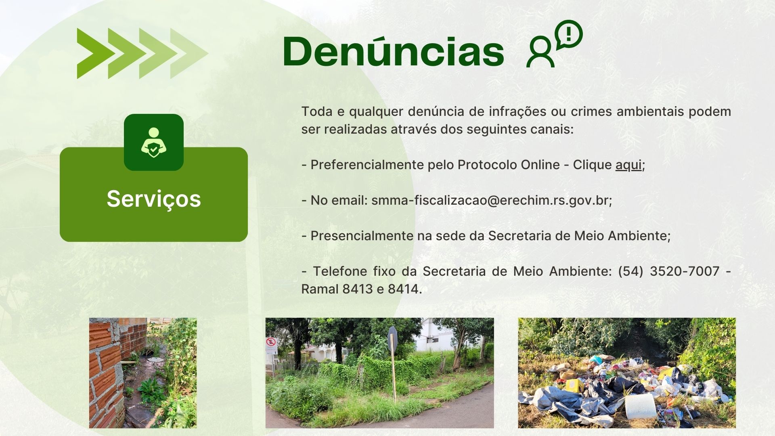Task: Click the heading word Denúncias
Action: pyautogui.click(x=393, y=51)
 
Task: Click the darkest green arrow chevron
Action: pyautogui.click(x=96, y=53)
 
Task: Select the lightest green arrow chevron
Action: pyautogui.click(x=189, y=53)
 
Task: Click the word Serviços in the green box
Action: pyautogui.click(x=154, y=199)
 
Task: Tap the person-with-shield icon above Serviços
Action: pyautogui.click(x=154, y=143)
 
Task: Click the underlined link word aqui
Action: pyautogui.click(x=628, y=165)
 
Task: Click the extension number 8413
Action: pyautogui.click(x=358, y=289)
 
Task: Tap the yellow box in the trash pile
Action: pyautogui.click(x=571, y=385)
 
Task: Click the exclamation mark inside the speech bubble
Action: pyautogui.click(x=569, y=34)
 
